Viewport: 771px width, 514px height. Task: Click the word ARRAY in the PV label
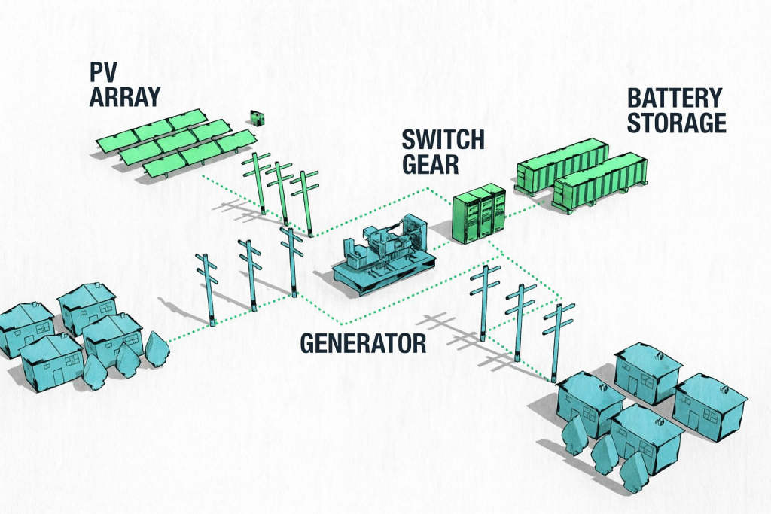[x=123, y=97]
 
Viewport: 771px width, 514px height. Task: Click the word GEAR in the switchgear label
[x=430, y=163]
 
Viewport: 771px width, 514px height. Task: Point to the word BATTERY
[x=675, y=99]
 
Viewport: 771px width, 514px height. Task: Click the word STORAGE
[x=676, y=123]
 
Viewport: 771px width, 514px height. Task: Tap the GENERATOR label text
[x=364, y=344]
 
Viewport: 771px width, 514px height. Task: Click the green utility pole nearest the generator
[x=306, y=202]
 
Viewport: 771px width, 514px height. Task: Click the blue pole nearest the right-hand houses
[x=558, y=340]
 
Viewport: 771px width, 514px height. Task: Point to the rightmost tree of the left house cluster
[x=156, y=348]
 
